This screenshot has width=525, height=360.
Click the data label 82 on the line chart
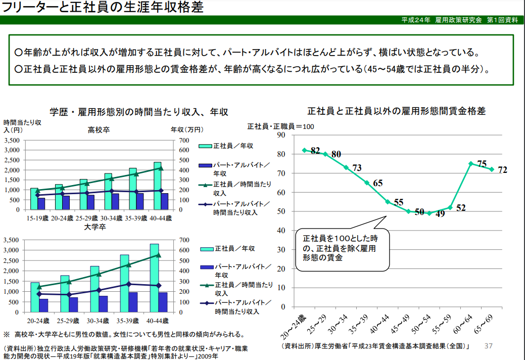coord(315,151)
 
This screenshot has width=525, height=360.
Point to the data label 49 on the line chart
coord(440,214)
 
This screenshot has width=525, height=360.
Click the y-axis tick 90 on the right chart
coord(281,135)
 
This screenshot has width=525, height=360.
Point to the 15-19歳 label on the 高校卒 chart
coord(38,218)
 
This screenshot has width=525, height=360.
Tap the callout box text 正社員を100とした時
coord(339,238)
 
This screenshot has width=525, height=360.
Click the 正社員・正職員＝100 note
coord(280,126)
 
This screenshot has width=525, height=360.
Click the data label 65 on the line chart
coord(378,184)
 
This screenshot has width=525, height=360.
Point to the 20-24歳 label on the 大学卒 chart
coord(38,321)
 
